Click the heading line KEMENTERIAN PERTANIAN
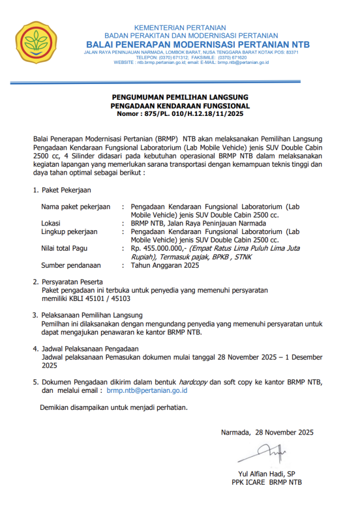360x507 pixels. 179,27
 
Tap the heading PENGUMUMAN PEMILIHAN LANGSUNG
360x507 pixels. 180,98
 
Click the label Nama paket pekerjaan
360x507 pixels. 75,207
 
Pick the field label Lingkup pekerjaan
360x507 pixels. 69,232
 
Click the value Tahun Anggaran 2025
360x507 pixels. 165,265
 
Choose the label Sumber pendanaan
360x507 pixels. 71,265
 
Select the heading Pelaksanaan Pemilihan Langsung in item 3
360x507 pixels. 92,315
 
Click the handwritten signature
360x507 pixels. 262,454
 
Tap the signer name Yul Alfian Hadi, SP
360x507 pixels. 266,474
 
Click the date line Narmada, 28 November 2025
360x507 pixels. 267,432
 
